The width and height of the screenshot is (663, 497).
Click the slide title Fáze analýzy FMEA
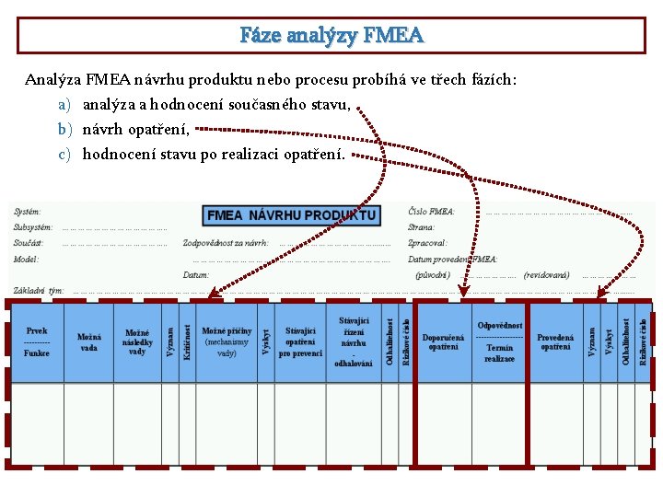click(x=331, y=36)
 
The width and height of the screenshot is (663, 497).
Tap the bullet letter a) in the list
click(x=64, y=105)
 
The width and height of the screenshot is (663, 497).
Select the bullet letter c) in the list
click(x=64, y=154)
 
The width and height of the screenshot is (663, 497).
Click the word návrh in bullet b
click(x=103, y=130)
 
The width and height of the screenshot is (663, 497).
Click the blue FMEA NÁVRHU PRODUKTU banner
click(x=291, y=215)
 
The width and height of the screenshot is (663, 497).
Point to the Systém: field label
click(x=28, y=212)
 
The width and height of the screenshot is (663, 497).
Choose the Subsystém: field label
click(x=33, y=227)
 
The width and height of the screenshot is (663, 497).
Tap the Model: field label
click(x=27, y=260)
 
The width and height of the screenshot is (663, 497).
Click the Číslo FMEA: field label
click(x=431, y=212)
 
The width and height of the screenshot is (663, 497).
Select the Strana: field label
click(x=421, y=227)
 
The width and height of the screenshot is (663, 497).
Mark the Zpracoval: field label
click(x=427, y=243)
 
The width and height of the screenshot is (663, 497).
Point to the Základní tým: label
click(x=38, y=291)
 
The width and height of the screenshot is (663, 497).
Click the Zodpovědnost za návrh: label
click(x=226, y=243)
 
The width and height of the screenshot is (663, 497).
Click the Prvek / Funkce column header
click(x=37, y=341)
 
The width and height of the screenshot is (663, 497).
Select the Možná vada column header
click(x=89, y=341)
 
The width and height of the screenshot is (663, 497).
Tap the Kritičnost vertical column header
click(x=187, y=341)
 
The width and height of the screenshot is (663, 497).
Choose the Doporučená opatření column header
click(x=444, y=341)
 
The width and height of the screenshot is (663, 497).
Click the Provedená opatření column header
click(x=555, y=341)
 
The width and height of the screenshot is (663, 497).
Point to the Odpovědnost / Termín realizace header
click(x=500, y=341)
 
